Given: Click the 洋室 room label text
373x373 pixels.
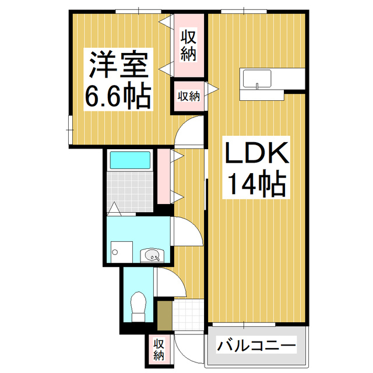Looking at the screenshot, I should click(x=119, y=66).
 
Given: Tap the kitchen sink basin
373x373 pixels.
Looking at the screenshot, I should click(x=257, y=78).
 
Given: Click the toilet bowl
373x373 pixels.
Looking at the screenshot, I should click(x=139, y=305).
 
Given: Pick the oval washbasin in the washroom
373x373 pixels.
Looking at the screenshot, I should click(x=153, y=255).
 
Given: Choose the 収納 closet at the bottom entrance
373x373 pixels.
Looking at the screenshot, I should click(x=159, y=348).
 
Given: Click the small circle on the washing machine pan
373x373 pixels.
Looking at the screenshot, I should click(x=115, y=252).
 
